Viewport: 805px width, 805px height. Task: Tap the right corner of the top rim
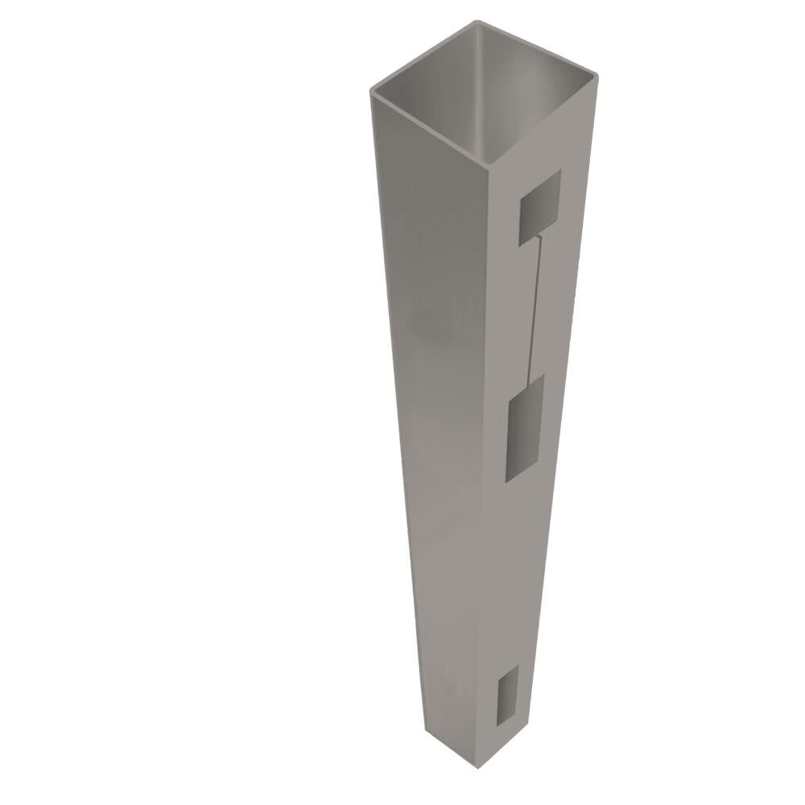pyautogui.click(x=601, y=76)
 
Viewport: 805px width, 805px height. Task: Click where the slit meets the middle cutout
pyautogui.click(x=528, y=378)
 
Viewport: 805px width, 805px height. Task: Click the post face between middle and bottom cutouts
pyautogui.click(x=515, y=580)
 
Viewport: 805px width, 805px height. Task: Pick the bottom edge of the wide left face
pyautogui.click(x=451, y=737)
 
